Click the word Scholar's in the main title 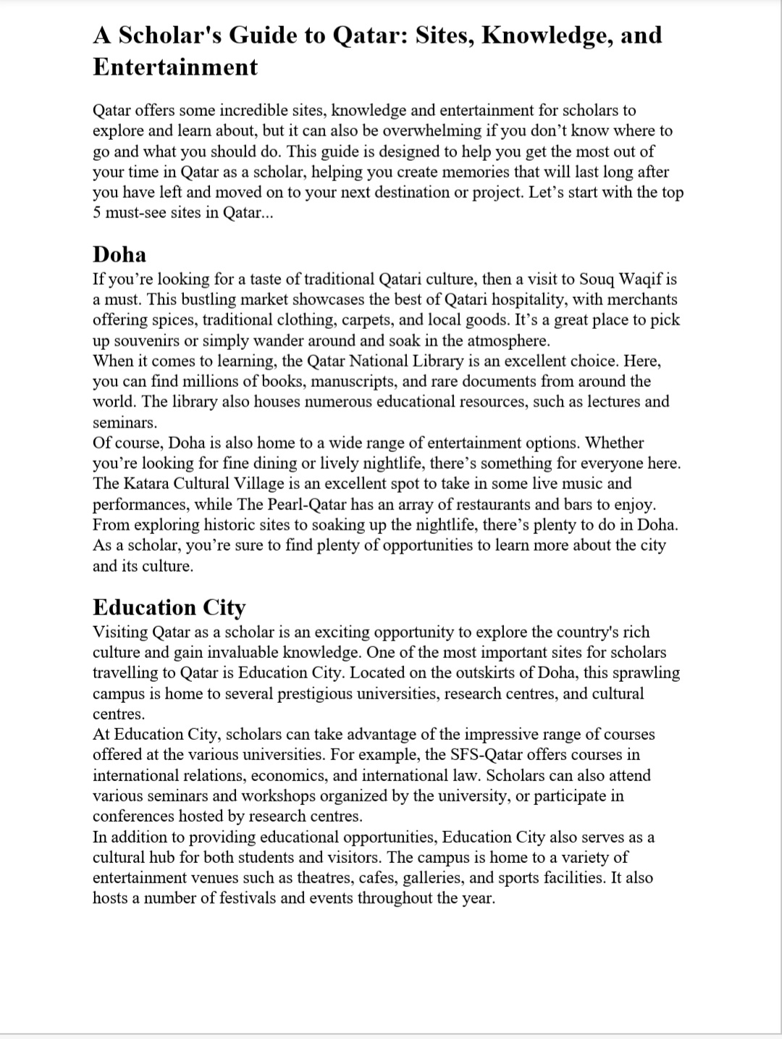[x=163, y=35]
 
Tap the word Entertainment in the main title [x=175, y=67]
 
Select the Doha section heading [x=119, y=254]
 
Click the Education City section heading [x=169, y=607]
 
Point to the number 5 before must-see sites [x=97, y=213]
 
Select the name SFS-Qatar [x=463, y=755]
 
